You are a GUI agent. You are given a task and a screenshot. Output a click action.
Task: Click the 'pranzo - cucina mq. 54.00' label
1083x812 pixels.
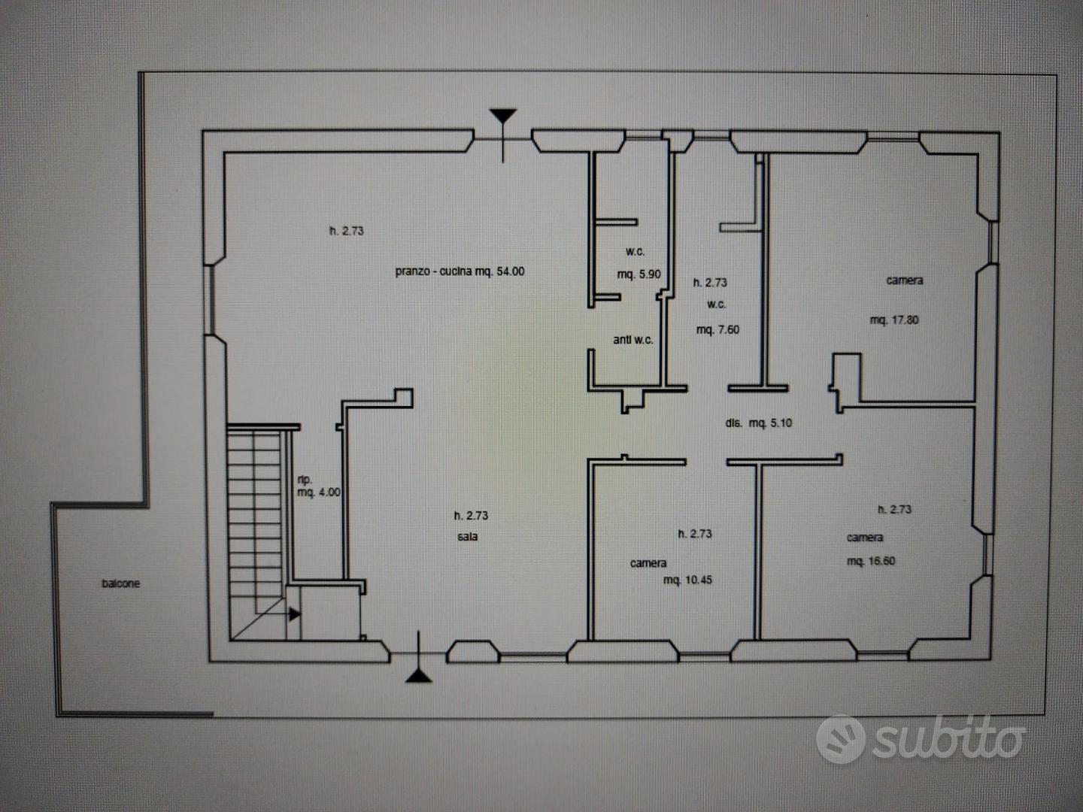point(460,271)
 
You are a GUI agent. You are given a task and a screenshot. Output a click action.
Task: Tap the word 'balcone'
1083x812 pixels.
point(121,583)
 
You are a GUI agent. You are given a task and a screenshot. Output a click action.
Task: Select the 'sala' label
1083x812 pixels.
point(467,536)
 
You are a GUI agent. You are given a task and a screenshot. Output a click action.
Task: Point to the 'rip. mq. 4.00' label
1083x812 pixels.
point(319,486)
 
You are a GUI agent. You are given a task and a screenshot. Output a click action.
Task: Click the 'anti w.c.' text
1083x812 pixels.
point(633,340)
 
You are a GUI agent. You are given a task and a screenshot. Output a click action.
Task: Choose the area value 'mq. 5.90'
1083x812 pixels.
point(639,274)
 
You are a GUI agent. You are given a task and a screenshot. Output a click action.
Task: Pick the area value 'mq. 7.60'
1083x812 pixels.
point(718,329)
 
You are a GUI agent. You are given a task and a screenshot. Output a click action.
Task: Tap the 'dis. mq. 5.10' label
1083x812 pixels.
point(759,423)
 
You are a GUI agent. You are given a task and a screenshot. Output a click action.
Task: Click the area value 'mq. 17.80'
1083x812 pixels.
point(894,320)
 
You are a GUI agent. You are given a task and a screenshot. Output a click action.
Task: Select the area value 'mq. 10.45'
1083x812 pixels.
point(688,580)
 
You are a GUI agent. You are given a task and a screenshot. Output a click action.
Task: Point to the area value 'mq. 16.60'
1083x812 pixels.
point(871,561)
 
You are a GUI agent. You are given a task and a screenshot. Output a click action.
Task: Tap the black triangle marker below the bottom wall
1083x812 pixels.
point(418,676)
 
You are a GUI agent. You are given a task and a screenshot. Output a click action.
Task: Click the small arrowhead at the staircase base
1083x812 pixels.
point(295,614)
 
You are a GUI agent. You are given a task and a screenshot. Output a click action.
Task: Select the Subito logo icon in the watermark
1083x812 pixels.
point(841,739)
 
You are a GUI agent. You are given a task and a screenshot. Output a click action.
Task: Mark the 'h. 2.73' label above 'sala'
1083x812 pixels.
point(472,515)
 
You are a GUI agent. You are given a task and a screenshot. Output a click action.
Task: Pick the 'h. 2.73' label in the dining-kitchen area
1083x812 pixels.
point(347,231)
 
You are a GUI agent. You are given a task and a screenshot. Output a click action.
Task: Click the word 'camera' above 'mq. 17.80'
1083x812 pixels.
point(905,280)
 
